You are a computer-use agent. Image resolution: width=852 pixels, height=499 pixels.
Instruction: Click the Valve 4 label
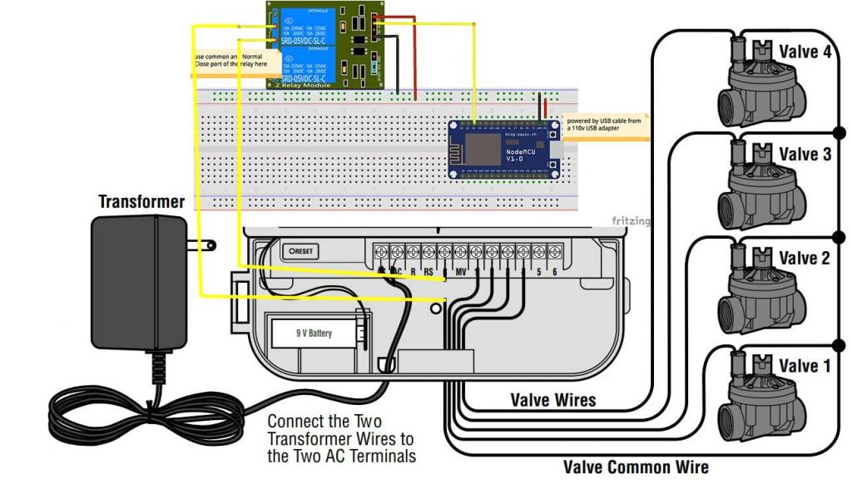(804, 52)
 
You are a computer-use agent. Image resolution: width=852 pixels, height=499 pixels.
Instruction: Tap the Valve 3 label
(804, 154)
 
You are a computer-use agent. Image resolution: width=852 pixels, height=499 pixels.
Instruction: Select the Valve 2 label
(803, 259)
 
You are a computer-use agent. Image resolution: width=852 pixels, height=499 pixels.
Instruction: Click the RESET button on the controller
(300, 251)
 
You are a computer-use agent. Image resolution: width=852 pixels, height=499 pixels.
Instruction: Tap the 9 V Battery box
(314, 333)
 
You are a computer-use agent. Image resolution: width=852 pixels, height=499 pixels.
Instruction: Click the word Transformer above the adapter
(141, 202)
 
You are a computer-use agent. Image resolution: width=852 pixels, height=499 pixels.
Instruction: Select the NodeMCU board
(503, 149)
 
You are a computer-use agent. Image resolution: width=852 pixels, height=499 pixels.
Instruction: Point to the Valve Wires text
(552, 400)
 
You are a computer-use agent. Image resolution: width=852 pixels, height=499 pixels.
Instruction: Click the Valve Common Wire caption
(636, 467)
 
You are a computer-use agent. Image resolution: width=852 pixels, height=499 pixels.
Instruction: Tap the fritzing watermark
(631, 221)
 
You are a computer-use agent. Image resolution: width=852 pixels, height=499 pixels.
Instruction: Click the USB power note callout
(604, 124)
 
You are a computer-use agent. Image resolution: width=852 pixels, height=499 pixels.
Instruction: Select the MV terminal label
(460, 271)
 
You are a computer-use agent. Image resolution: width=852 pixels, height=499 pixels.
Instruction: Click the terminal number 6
(555, 271)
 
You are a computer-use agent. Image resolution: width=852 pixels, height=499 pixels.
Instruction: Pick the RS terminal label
(428, 271)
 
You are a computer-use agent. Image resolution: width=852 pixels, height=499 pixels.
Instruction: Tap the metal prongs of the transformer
(201, 245)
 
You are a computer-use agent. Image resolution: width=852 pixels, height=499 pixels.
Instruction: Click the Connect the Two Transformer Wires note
(340, 438)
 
